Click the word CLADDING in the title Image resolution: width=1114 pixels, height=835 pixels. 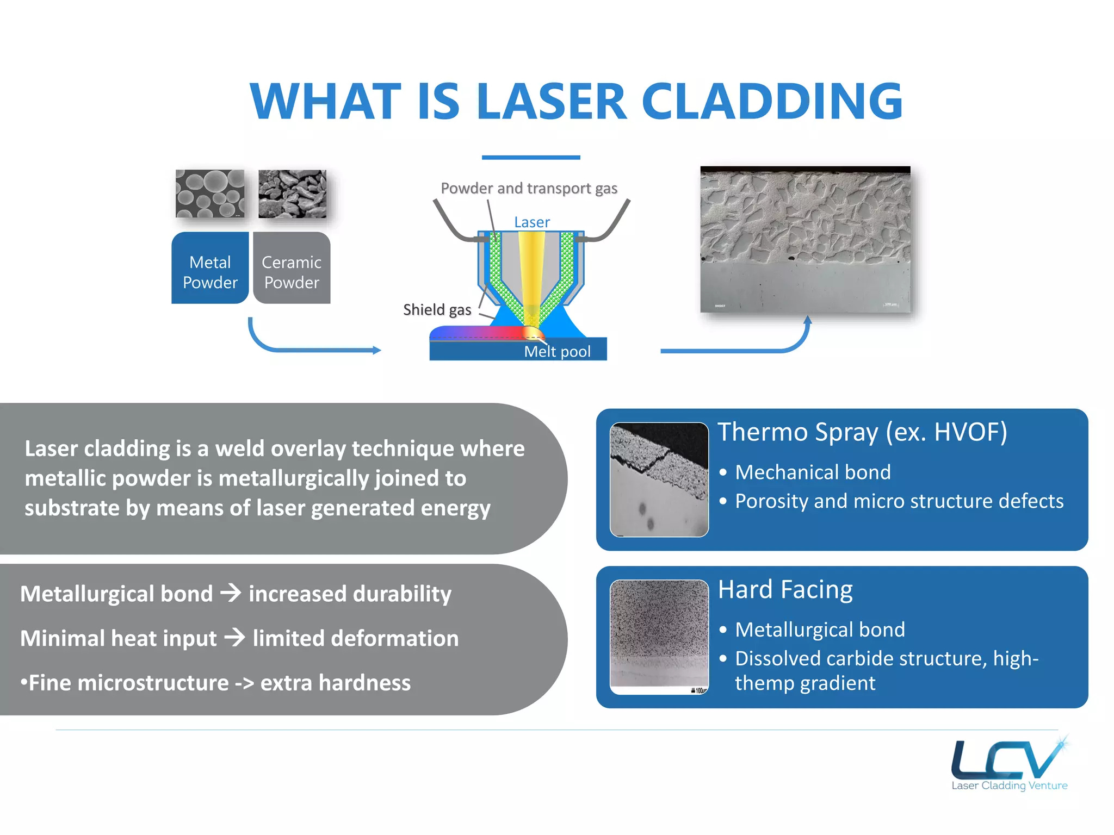point(772,102)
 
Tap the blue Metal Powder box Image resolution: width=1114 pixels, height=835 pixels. point(210,267)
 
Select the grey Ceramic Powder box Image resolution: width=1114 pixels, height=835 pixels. point(292,267)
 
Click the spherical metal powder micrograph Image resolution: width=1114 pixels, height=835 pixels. point(210,194)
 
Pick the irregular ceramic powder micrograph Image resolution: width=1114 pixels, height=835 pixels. point(292,194)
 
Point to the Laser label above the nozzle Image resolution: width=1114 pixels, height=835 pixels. point(531,222)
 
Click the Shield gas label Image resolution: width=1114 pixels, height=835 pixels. point(437,310)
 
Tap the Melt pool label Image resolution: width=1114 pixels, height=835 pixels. point(557,352)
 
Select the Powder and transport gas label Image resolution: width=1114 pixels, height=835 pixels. point(529,188)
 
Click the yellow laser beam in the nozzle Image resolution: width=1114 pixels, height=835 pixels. point(531,272)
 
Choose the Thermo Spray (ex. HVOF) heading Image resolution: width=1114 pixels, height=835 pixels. point(862,432)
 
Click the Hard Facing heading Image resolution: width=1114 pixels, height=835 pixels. point(785,589)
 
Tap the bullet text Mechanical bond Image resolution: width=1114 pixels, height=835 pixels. point(813,472)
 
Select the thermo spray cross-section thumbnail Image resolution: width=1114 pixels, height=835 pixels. point(659,479)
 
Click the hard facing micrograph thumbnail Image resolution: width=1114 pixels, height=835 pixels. point(659,637)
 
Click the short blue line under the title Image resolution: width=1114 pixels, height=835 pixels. point(531,158)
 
